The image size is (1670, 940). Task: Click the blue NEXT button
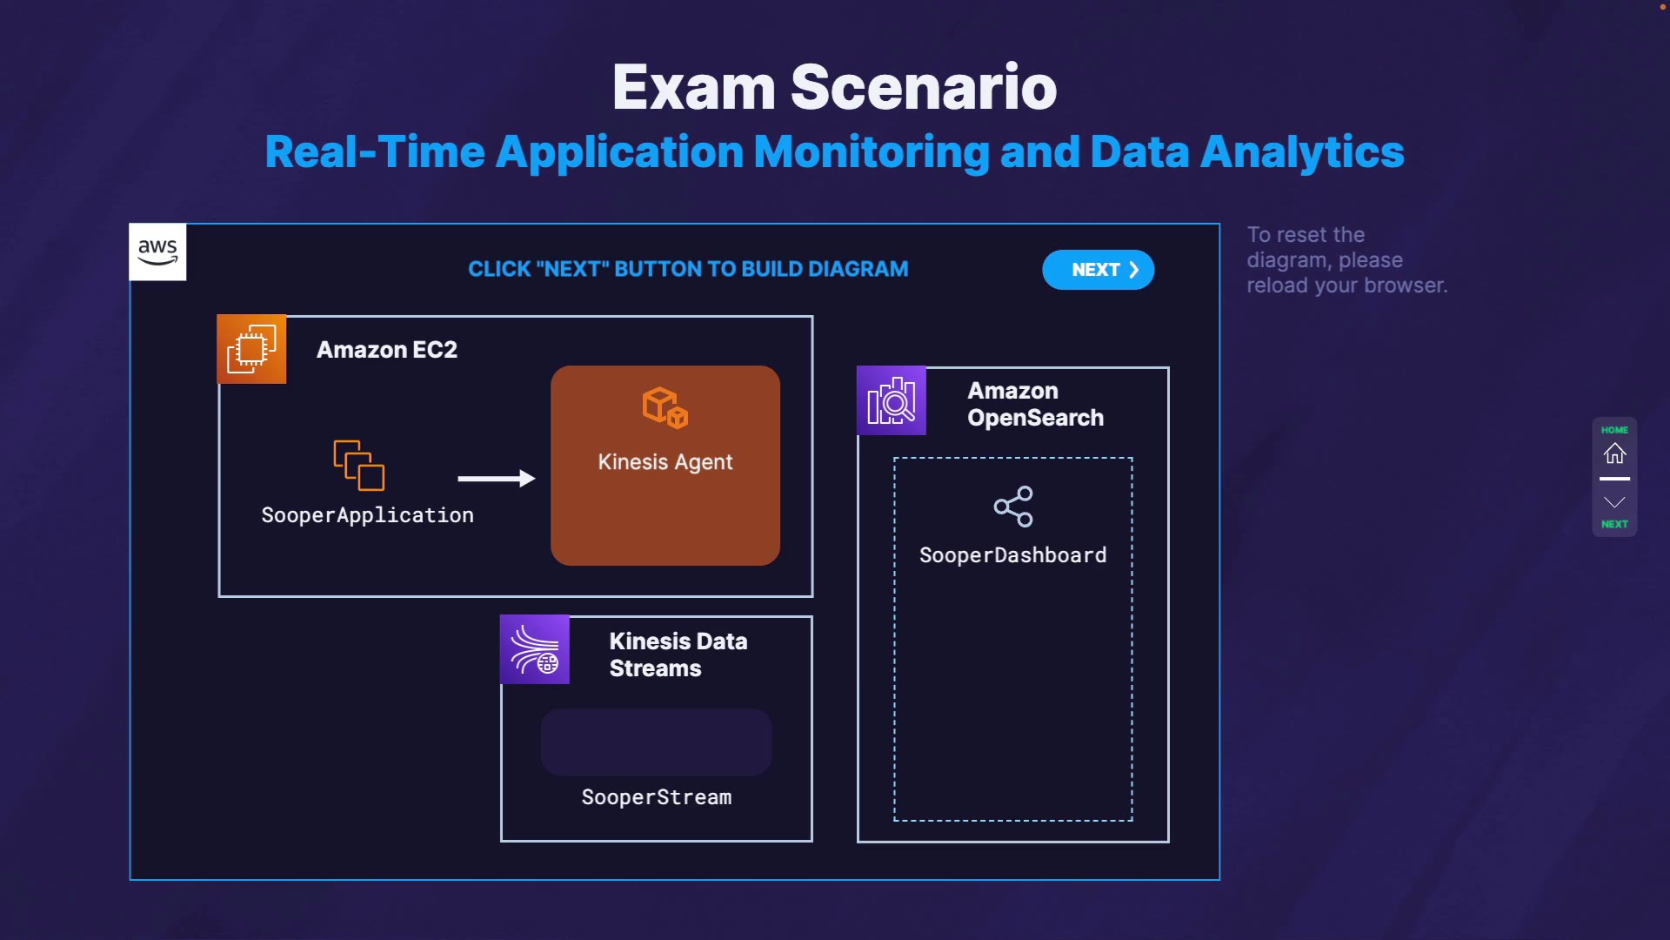1098,270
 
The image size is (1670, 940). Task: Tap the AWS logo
157,252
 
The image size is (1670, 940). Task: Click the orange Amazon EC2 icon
251,349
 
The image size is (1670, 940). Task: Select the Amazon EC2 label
386,350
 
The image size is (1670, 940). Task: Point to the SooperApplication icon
358,465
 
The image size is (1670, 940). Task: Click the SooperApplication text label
367,515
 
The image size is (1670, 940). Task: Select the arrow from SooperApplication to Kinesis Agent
496,478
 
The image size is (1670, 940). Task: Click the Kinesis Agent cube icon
665,407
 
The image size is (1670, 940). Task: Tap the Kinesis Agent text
665,462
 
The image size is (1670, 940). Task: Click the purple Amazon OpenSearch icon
891,400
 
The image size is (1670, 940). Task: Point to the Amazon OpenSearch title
1035,404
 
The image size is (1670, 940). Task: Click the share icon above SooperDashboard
1013,507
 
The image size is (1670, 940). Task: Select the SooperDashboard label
1012,555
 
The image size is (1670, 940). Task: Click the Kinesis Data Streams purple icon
534,650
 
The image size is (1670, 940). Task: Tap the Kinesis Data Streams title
678,655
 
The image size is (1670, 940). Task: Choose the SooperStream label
656,797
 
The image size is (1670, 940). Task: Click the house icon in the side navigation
1614,453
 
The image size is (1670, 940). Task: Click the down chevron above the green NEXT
1614,502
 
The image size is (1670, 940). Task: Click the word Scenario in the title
923,87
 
